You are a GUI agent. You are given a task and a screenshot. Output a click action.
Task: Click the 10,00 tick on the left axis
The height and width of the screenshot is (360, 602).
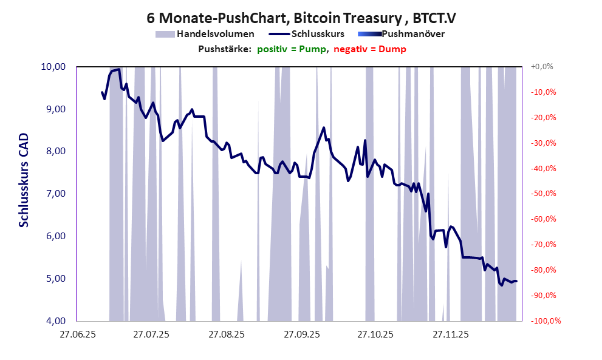(x=53, y=67)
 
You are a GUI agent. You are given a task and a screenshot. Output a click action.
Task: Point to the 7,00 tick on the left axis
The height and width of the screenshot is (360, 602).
(x=55, y=194)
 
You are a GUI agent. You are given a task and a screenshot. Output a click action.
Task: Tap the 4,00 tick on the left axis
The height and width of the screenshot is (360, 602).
(x=55, y=321)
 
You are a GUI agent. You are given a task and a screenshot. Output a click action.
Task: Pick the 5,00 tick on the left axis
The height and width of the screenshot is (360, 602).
(x=55, y=279)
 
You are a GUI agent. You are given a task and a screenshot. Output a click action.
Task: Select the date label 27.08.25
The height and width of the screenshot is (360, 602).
(x=226, y=334)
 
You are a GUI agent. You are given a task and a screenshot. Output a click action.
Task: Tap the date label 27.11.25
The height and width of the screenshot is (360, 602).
(x=450, y=334)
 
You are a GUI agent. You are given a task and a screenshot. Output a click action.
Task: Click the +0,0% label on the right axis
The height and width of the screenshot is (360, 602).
(x=542, y=67)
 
